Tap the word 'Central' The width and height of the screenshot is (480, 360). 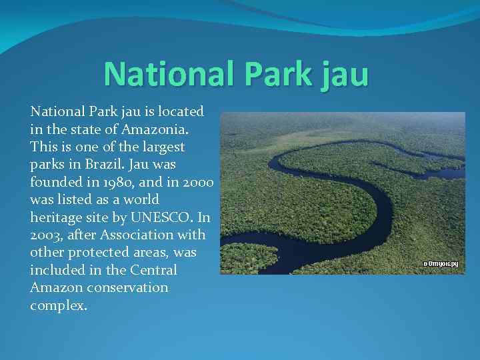coord(155,270)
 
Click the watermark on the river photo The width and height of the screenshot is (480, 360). coord(440,264)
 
